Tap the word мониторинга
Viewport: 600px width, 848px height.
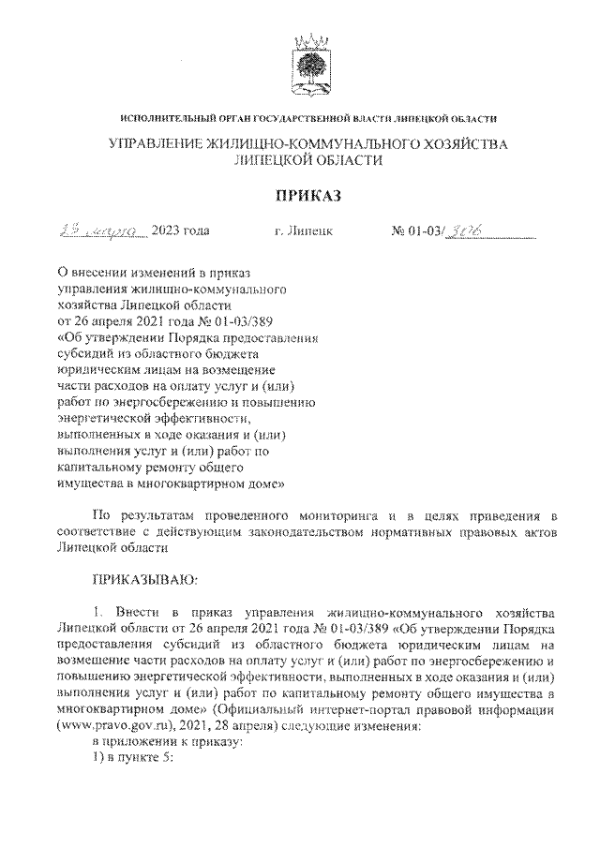point(329,515)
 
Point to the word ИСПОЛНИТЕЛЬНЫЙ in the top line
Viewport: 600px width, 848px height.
point(167,118)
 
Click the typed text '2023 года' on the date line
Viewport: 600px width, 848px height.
point(181,230)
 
